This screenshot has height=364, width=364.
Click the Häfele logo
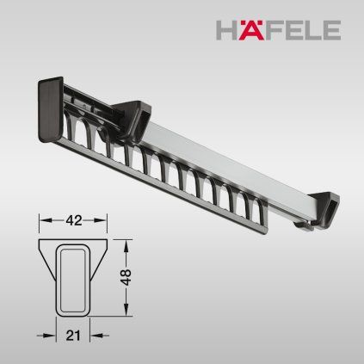(278, 29)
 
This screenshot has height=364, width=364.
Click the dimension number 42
(74, 220)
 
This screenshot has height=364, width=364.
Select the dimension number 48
(126, 277)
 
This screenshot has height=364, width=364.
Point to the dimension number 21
(73, 336)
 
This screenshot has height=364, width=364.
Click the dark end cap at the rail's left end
(51, 109)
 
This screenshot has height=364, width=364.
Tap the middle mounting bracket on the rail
(133, 119)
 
